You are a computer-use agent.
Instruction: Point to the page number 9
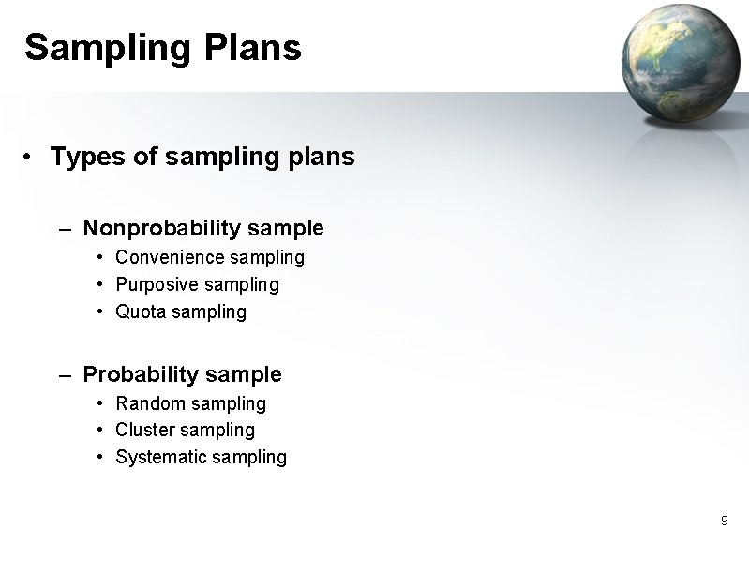pos(724,521)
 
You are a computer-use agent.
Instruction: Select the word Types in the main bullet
pos(88,157)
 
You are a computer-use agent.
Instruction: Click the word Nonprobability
pos(161,228)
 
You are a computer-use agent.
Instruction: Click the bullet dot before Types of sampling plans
pos(30,157)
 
